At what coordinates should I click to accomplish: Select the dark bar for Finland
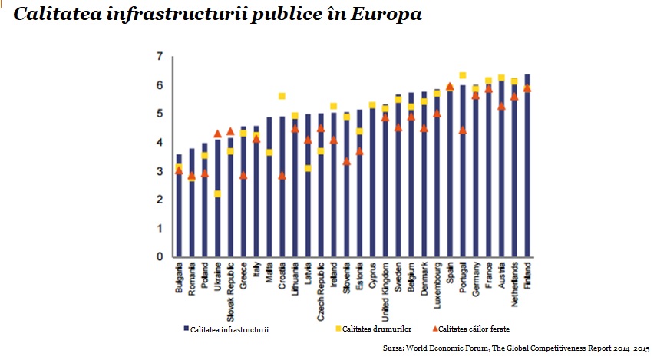[527, 165]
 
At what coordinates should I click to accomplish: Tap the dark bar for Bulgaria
[179, 206]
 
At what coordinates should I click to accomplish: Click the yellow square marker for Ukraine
[218, 194]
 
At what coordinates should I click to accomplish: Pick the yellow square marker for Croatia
[282, 96]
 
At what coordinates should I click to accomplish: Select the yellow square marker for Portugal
[463, 76]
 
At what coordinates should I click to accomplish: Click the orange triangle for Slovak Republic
[231, 131]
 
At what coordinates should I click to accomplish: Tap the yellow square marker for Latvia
[308, 168]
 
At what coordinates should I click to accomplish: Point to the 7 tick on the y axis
[160, 56]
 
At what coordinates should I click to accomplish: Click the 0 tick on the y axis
[160, 257]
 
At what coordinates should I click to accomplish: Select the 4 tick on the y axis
[160, 142]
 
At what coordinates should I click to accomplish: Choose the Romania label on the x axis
[192, 282]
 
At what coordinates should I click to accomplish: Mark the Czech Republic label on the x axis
[321, 289]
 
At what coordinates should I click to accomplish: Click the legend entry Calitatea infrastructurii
[229, 329]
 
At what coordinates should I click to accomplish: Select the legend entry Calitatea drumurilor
[376, 329]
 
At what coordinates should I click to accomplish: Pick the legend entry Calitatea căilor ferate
[476, 329]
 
